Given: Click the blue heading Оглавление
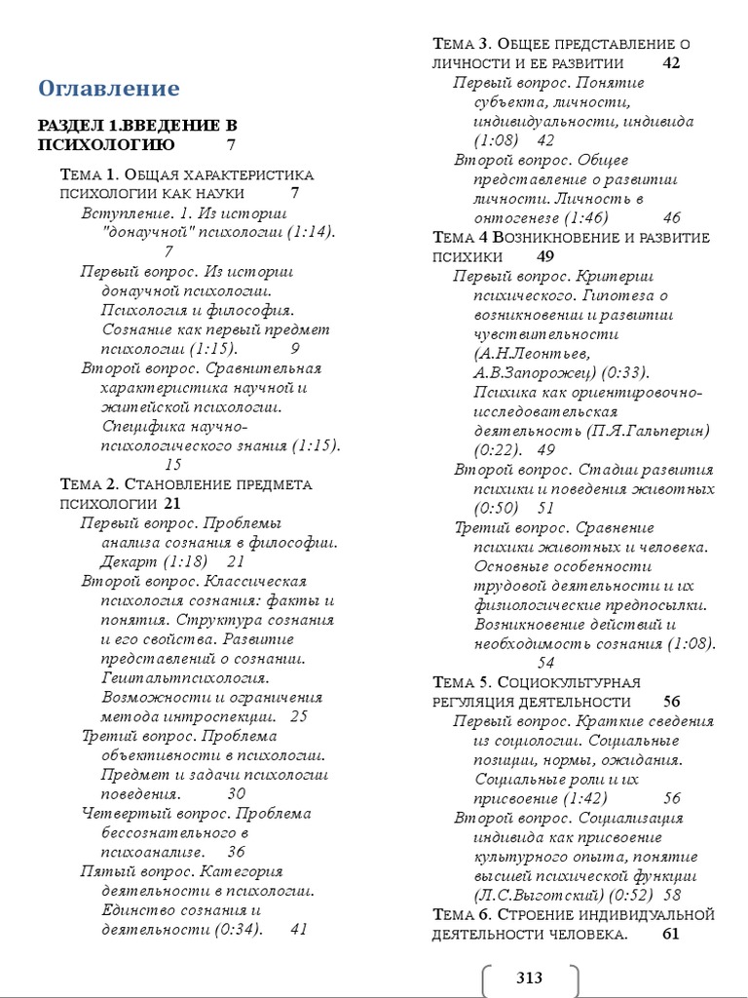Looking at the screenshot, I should [109, 89].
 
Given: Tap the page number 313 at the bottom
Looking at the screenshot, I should [529, 978].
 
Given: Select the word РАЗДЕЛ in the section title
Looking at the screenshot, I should [70, 126].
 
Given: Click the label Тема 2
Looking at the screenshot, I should [89, 484].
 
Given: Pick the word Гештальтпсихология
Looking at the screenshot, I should [185, 677].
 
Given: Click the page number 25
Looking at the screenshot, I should [298, 716].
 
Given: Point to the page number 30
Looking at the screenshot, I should [236, 793].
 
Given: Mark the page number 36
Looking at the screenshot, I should [236, 852].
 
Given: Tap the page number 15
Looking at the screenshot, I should [173, 465].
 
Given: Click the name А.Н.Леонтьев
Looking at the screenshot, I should [532, 353].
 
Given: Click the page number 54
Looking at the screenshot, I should [574, 663].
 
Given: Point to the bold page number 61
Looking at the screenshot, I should [670, 934].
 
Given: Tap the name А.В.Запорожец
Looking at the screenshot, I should [533, 372].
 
